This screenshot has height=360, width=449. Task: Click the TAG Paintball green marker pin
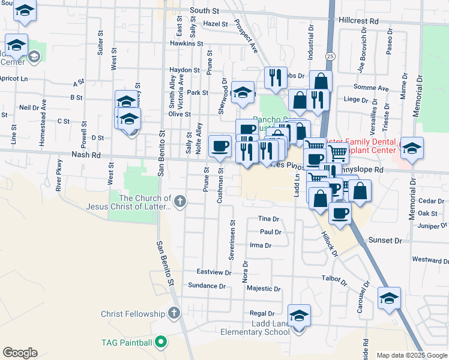[x=160, y=343]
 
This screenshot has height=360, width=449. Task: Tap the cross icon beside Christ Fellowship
[x=174, y=313]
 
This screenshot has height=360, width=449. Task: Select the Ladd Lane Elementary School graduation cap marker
[x=299, y=314]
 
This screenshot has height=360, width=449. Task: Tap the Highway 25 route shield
[x=331, y=56]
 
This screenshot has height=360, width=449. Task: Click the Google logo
[x=20, y=353]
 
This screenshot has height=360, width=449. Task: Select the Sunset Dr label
[x=385, y=241]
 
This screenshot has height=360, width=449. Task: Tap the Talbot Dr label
[x=334, y=280]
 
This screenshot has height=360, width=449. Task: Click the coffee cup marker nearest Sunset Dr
[x=340, y=213]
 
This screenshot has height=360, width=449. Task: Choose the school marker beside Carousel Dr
[x=389, y=297]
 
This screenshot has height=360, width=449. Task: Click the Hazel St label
[x=215, y=25]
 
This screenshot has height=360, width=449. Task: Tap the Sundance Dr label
[x=206, y=286]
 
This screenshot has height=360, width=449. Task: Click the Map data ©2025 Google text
[x=411, y=355]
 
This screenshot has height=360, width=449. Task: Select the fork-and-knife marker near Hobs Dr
[x=274, y=77]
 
